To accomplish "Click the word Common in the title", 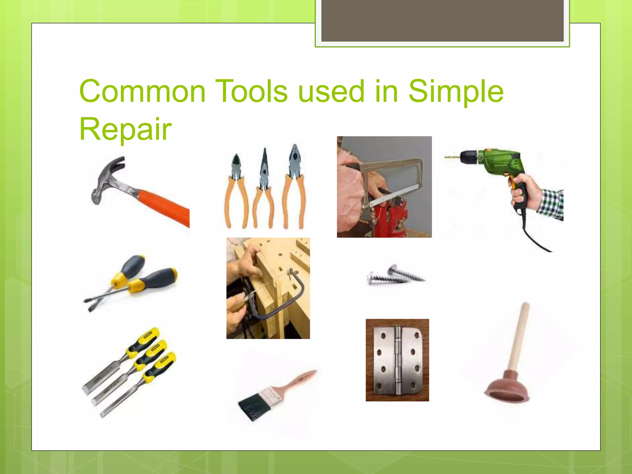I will pos(142,92).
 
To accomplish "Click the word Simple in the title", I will pos(456,92).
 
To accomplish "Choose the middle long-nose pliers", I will pos(264,188).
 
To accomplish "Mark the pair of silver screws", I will pos(396,275).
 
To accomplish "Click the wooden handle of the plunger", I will pos(518,336).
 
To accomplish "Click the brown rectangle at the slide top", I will pos(442,20).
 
